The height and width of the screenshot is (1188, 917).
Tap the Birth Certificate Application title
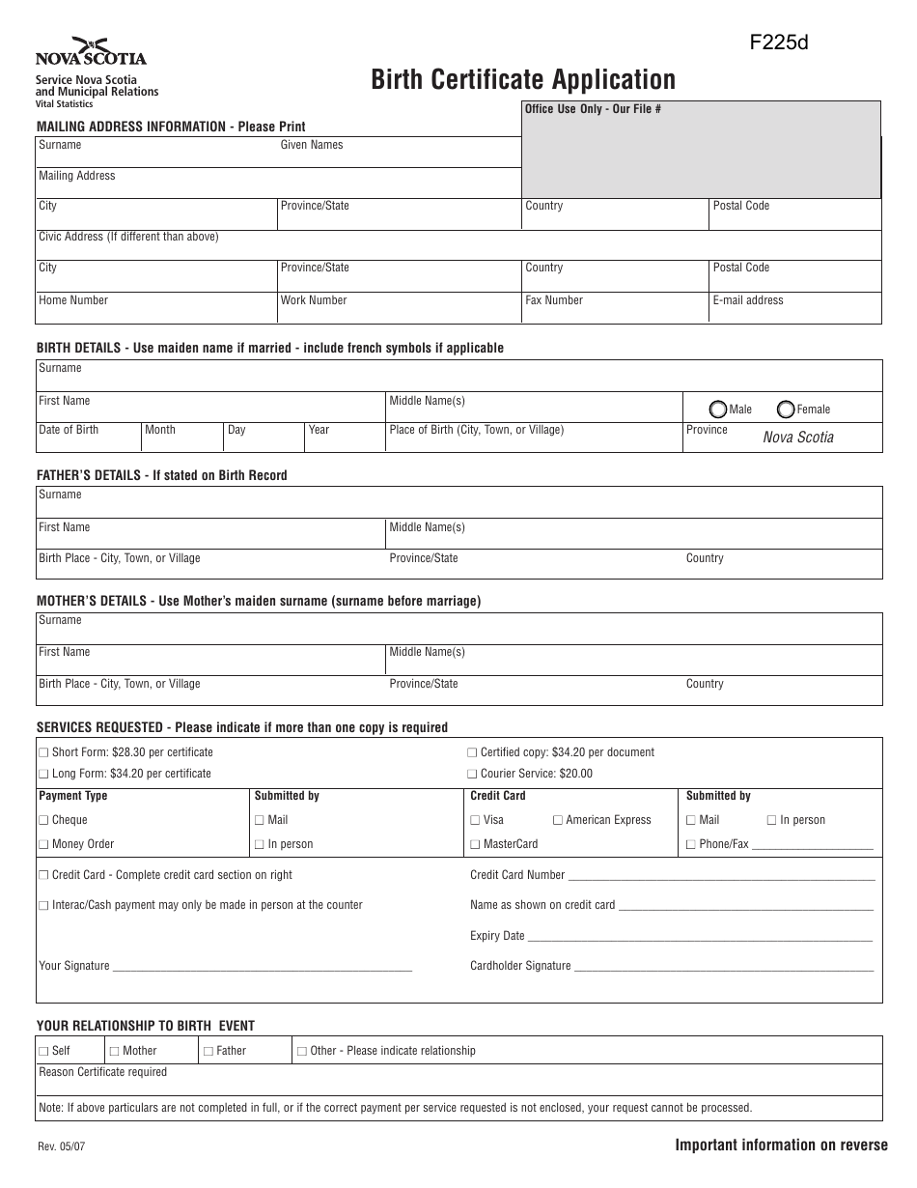click(523, 79)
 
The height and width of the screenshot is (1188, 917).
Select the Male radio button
click(718, 409)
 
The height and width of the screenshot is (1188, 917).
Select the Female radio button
click(786, 409)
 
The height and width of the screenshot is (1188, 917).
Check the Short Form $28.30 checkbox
click(42, 752)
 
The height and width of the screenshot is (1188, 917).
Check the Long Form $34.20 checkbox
click(42, 774)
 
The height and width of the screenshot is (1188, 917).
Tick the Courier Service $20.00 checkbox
click(472, 774)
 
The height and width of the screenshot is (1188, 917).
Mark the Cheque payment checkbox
click(42, 820)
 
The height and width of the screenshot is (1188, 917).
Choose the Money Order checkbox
click(42, 844)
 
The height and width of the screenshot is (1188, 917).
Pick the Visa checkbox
click(475, 820)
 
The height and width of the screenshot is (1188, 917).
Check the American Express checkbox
click(558, 820)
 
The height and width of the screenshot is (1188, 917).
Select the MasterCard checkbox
click(475, 844)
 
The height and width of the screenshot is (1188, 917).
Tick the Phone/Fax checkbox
click(691, 844)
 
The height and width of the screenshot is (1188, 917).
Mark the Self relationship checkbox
click(42, 1051)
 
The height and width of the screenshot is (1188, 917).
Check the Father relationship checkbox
click(208, 1051)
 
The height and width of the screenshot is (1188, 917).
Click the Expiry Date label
click(497, 935)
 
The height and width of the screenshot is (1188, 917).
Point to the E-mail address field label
click(748, 300)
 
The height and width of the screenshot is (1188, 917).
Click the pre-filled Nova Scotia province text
click(798, 438)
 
